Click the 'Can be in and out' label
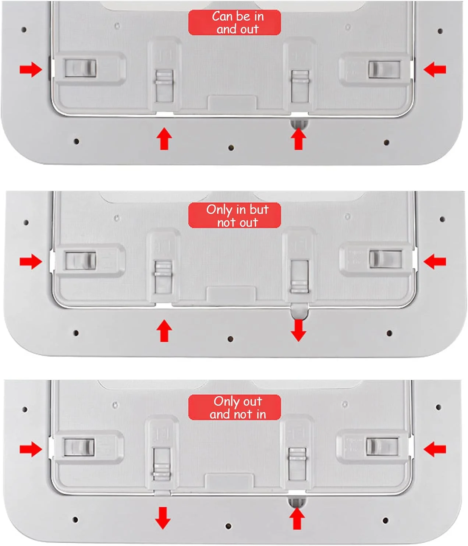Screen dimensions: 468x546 [x=234, y=22]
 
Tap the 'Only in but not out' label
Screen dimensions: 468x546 [x=234, y=215]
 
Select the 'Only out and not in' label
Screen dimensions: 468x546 [x=234, y=407]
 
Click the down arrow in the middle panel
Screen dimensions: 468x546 [x=298, y=330]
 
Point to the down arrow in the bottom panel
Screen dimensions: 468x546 [x=163, y=518]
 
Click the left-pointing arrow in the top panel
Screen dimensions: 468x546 [x=435, y=70]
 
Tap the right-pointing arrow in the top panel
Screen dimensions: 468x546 [x=31, y=70]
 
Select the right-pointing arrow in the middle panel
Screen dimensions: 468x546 [x=31, y=261]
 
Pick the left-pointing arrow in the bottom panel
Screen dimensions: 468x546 [x=435, y=449]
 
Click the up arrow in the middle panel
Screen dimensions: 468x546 [x=164, y=331]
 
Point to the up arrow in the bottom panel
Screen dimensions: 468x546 [x=297, y=518]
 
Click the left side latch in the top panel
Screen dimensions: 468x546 [x=81, y=68]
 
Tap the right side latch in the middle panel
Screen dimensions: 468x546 [x=385, y=259]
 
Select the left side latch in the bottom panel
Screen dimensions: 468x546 [x=79, y=447]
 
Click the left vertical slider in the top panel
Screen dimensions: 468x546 [x=164, y=86]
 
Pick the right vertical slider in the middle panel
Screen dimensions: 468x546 [x=299, y=276]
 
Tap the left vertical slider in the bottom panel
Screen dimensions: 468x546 [x=162, y=464]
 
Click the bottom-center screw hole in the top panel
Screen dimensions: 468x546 [x=231, y=148]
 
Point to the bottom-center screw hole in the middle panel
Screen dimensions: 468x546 [x=230, y=339]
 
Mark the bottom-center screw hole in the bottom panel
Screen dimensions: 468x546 [x=228, y=526]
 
